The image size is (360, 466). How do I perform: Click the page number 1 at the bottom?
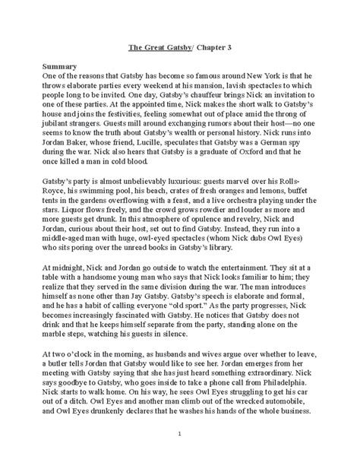pyautogui.click(x=180, y=454)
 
